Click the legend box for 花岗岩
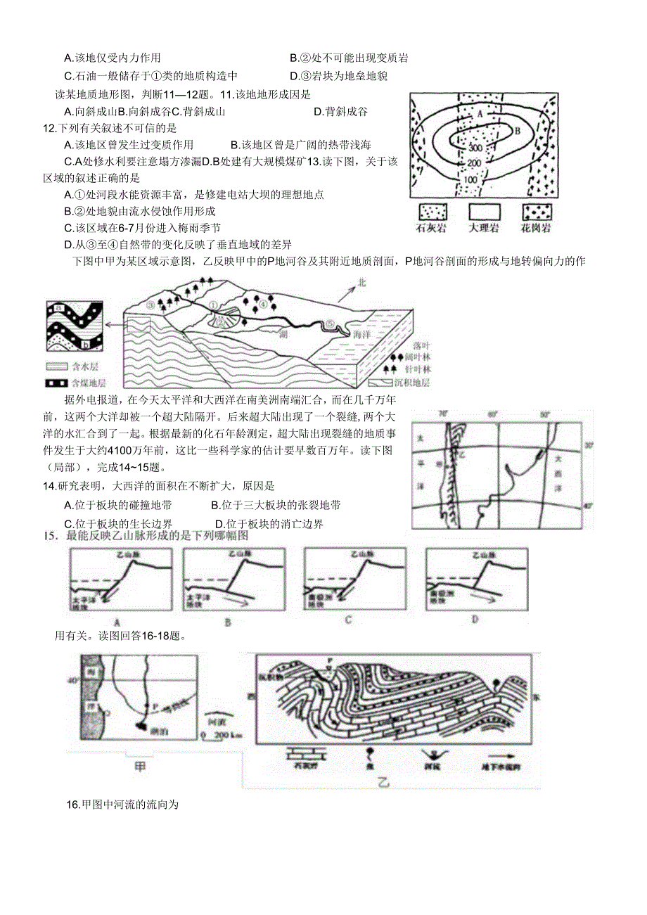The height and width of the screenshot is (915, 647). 536,212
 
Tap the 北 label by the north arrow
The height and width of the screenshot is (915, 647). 363,282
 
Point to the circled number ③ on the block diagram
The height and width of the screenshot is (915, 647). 150,305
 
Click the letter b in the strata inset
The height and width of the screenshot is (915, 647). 84,343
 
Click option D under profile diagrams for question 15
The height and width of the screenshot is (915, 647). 475,620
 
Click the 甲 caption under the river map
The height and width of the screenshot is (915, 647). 140,766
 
